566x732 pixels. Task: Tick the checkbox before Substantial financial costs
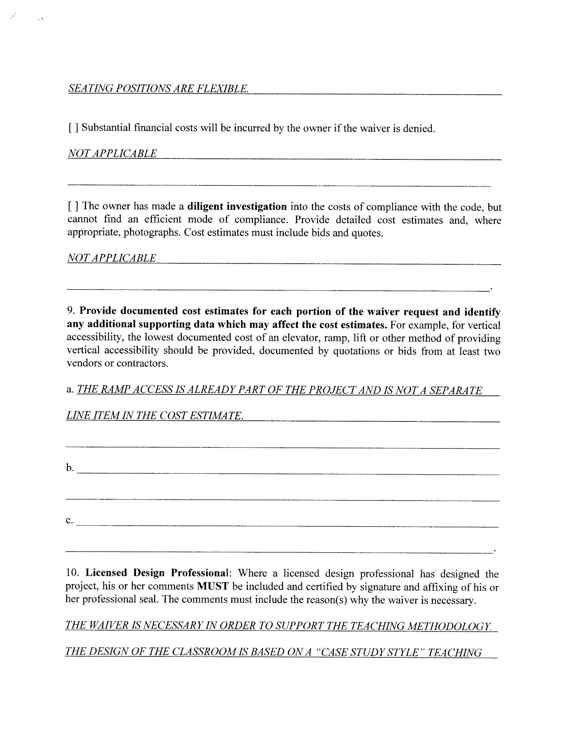tap(73, 128)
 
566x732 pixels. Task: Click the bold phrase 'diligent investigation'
tap(237, 206)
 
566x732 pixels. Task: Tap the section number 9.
tap(70, 311)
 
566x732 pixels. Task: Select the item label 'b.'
tap(70, 468)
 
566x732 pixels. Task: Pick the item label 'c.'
tap(69, 520)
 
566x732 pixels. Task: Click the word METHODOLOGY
tap(449, 625)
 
